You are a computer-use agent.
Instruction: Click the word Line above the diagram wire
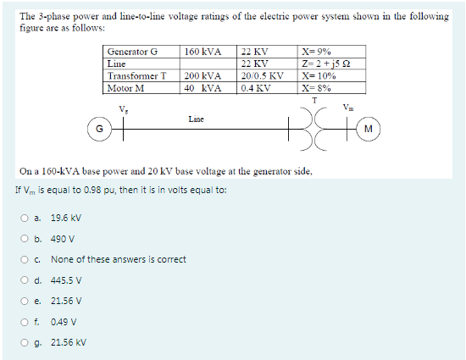(196, 119)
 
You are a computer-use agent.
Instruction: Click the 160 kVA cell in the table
(202, 52)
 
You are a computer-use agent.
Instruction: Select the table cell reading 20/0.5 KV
(262, 75)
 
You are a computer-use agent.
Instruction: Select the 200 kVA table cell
(202, 75)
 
